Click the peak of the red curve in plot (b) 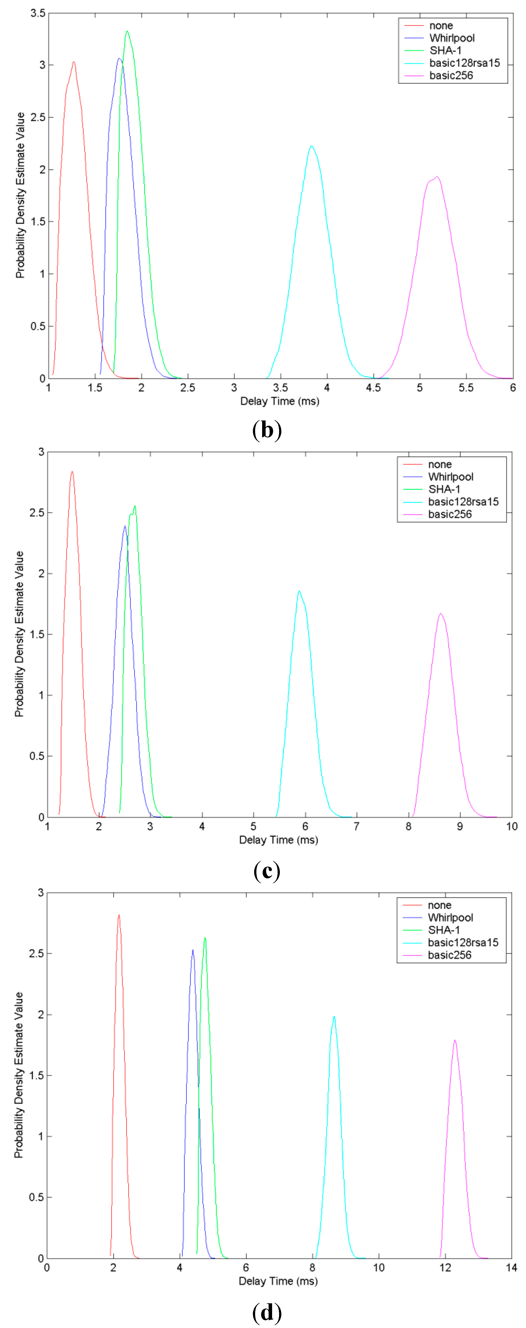(74, 62)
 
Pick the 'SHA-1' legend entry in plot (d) (444, 930)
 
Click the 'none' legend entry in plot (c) (439, 464)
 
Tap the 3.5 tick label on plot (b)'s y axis (38, 13)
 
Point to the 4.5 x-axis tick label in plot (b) (373, 388)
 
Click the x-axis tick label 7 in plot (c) (356, 826)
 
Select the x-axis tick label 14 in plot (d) (511, 1268)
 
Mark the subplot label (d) (267, 1312)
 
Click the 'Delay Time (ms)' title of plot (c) (278, 840)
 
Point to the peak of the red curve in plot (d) (119, 915)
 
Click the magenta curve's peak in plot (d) (454, 1040)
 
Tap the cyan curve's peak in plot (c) (299, 591)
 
